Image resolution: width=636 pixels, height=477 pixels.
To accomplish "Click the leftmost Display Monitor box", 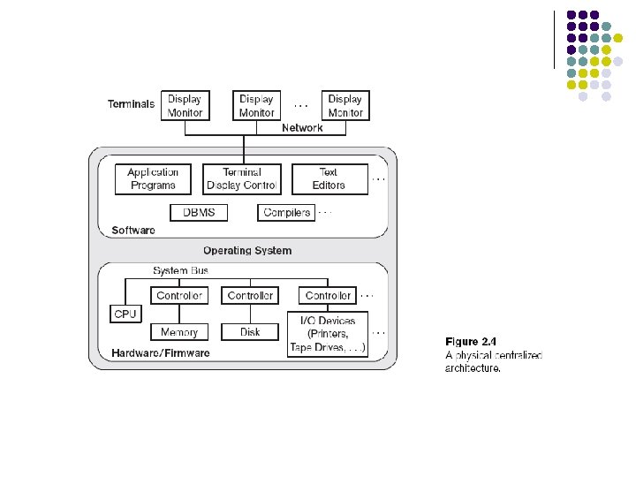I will pyautogui.click(x=185, y=106).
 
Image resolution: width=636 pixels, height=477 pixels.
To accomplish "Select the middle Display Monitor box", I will pyautogui.click(x=256, y=106).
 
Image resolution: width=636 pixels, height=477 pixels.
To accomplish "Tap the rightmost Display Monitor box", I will pyautogui.click(x=345, y=106).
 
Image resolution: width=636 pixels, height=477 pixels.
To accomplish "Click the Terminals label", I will pyautogui.click(x=131, y=104).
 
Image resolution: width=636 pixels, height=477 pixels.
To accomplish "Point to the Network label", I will pyautogui.click(x=302, y=128).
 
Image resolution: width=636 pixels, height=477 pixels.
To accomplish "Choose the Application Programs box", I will pyautogui.click(x=153, y=179).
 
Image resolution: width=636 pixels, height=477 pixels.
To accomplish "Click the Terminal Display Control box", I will pyautogui.click(x=242, y=179).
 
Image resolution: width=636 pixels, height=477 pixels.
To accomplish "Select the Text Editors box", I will pyautogui.click(x=329, y=179).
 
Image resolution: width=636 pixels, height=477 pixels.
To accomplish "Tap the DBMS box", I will pyautogui.click(x=198, y=213).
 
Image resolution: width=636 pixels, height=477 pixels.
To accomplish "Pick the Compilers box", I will pyautogui.click(x=286, y=213).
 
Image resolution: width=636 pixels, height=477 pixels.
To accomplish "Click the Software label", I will pyautogui.click(x=133, y=231).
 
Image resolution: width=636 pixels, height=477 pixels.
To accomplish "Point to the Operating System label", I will pyautogui.click(x=247, y=251).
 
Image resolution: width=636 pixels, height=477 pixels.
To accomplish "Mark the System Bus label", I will pyautogui.click(x=180, y=270).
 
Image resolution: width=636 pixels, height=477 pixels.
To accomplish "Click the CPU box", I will pyautogui.click(x=125, y=314).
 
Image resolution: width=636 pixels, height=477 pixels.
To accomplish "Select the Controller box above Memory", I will pyautogui.click(x=179, y=296).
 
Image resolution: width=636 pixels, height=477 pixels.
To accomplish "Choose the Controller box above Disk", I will pyautogui.click(x=250, y=296).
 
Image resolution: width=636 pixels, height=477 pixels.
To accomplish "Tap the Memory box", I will pyautogui.click(x=179, y=332).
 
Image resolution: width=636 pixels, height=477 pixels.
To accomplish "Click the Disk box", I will pyautogui.click(x=250, y=332).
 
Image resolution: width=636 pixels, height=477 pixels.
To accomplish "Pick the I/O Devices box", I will pyautogui.click(x=328, y=335).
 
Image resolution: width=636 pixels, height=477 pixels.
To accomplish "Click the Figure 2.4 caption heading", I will pyautogui.click(x=472, y=341).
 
